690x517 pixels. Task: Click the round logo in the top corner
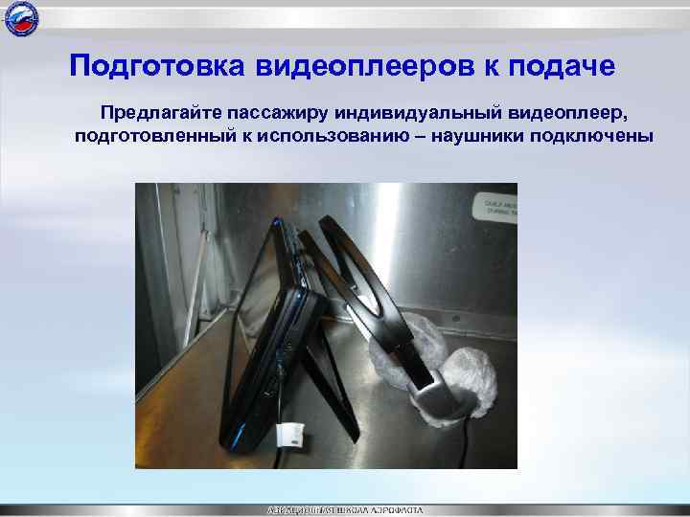pos(20,18)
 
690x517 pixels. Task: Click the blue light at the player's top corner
pos(279,223)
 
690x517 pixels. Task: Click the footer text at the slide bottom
pos(344,510)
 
